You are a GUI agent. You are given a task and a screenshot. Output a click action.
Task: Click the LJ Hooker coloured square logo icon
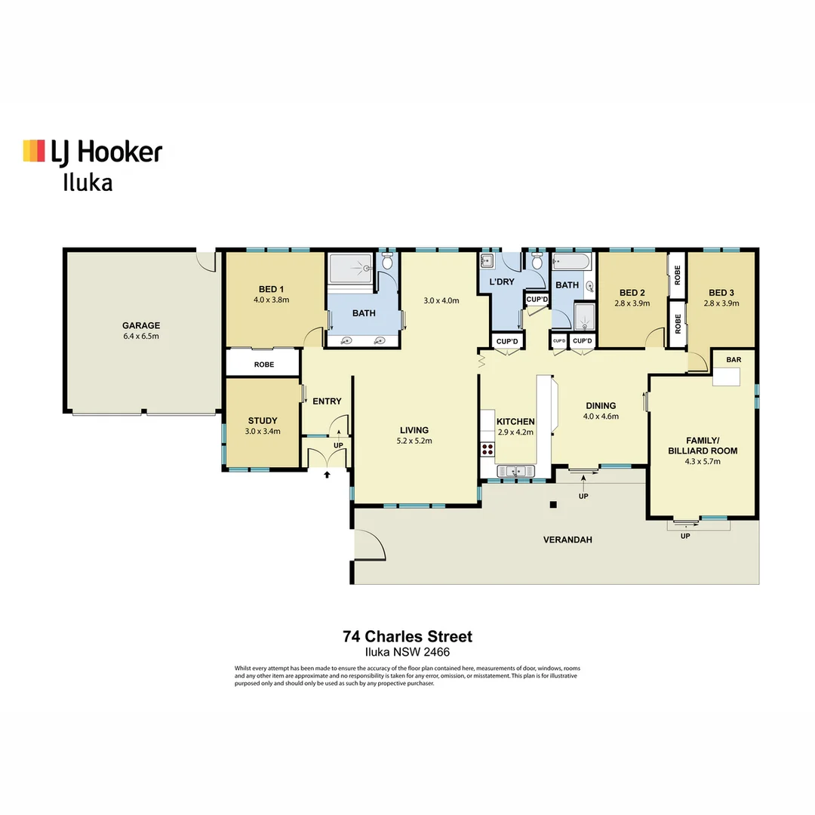pos(34,151)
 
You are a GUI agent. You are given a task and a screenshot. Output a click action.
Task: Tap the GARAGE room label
pos(141,326)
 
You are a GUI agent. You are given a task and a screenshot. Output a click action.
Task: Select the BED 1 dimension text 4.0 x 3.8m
pos(271,300)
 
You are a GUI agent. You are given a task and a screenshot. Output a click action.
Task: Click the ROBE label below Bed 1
pos(263,364)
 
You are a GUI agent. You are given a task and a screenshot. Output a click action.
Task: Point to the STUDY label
pos(263,421)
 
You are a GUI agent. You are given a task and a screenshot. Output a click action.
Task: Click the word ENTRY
pos(327,401)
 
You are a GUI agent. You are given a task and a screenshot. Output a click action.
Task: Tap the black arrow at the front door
pos(327,475)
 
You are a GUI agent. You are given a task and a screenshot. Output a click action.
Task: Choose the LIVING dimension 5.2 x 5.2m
pos(415,441)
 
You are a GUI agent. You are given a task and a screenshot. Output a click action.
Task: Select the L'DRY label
pos(502,282)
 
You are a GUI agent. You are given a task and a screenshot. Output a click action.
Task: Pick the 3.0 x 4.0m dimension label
pos(441,300)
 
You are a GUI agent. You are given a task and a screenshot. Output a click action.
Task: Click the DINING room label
pos(601,406)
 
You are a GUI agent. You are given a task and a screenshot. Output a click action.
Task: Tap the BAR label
pos(733,360)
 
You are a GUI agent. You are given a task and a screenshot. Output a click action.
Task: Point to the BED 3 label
pos(721,293)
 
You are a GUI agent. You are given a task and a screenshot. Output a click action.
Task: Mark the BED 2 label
pos(632,293)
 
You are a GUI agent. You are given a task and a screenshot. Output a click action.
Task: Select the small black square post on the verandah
pos(552,505)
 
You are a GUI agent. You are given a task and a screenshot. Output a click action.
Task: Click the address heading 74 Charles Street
pos(407,637)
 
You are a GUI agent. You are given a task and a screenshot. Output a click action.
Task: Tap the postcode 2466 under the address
pos(437,652)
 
